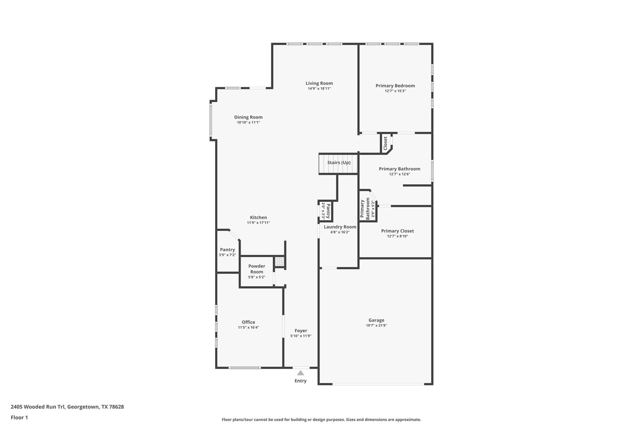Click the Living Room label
(319, 83)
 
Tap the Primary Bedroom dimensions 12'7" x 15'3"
(395, 91)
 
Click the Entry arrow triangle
(300, 373)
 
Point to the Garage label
(376, 320)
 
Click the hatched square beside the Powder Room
(279, 261)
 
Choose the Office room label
(248, 322)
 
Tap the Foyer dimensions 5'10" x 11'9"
(300, 336)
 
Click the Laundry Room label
(340, 227)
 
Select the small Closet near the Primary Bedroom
(386, 143)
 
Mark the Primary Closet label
(397, 231)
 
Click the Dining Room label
(248, 117)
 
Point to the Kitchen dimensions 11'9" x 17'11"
(258, 223)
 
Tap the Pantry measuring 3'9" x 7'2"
(227, 252)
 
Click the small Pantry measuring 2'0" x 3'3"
(326, 211)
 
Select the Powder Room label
(257, 269)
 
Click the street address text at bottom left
(67, 407)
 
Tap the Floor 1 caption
(19, 417)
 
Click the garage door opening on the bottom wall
(378, 384)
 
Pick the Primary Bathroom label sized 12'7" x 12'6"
(399, 169)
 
